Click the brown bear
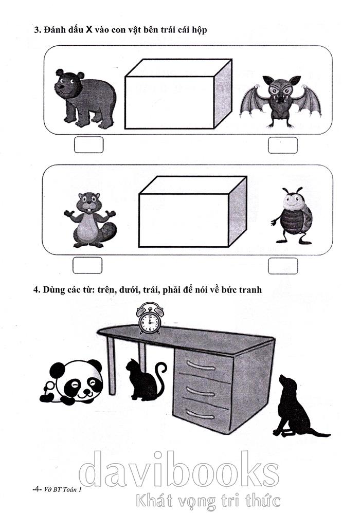pos(84,98)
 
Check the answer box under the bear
pos(88,144)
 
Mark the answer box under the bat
pos(283,145)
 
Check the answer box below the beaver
pos(87,265)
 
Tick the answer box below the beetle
pos(283,266)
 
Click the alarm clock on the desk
pos(150,318)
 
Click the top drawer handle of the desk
pos(202,365)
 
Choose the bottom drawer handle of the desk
pos(200,414)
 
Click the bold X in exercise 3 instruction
pos(89,30)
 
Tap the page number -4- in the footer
pos(37,489)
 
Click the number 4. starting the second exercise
pos(37,290)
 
